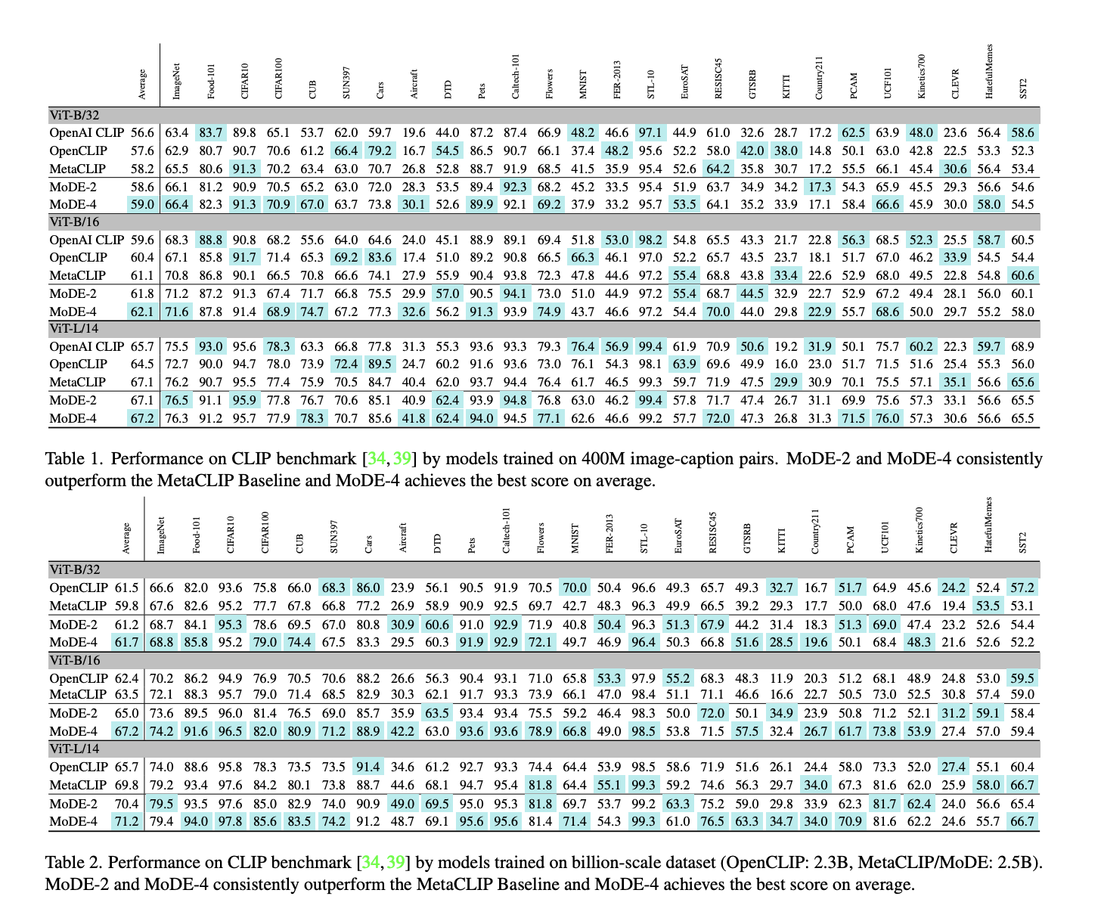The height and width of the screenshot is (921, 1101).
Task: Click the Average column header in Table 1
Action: pyautogui.click(x=142, y=84)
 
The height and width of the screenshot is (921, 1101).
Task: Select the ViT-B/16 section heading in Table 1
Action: pyautogui.click(x=74, y=222)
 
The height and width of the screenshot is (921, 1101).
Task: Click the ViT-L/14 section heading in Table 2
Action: pyautogui.click(x=74, y=749)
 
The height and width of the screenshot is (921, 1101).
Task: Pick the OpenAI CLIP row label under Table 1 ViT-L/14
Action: pyautogui.click(x=86, y=346)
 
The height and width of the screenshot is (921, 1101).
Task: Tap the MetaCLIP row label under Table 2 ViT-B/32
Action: pyautogui.click(x=78, y=606)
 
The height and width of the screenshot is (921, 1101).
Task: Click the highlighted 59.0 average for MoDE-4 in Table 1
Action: pyautogui.click(x=142, y=204)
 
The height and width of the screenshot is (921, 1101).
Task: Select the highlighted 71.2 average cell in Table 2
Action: pyautogui.click(x=126, y=821)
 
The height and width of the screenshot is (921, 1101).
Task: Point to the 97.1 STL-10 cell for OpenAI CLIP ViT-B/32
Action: pyautogui.click(x=649, y=133)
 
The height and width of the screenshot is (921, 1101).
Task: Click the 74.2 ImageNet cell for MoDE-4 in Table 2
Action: pyautogui.click(x=161, y=731)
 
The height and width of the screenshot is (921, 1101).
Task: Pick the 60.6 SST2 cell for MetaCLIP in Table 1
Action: pyautogui.click(x=1023, y=275)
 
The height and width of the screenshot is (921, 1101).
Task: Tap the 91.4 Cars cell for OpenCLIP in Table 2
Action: pyautogui.click(x=368, y=767)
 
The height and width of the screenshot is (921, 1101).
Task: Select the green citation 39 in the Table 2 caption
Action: pyautogui.click(x=395, y=863)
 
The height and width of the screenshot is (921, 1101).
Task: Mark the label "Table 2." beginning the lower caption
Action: pyautogui.click(x=73, y=863)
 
